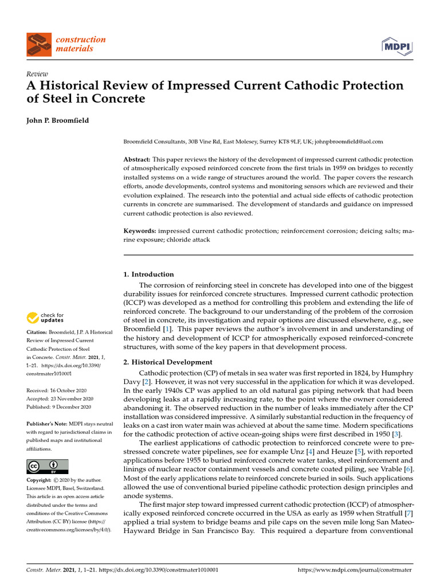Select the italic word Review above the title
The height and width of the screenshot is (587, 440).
pos(37,75)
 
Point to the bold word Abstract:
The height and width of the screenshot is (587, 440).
pos(137,159)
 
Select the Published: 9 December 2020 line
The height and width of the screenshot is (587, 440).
pos(59,407)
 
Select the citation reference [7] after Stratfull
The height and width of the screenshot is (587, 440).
pos(407,506)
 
